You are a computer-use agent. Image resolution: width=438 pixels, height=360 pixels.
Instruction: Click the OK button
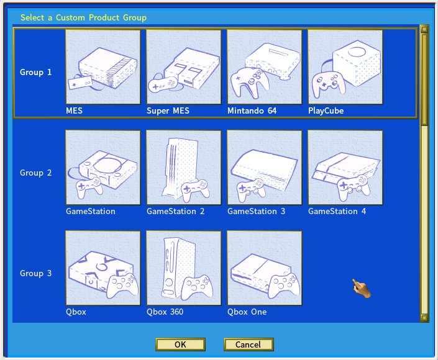[x=180, y=344]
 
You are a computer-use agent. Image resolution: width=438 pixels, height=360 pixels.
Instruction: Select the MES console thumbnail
[x=103, y=68]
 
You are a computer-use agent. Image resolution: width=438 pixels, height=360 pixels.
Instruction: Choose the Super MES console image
[x=184, y=68]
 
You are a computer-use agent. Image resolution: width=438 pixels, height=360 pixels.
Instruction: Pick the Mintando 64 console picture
[x=265, y=68]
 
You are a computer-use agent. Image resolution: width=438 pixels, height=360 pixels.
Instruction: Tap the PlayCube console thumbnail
[x=345, y=68]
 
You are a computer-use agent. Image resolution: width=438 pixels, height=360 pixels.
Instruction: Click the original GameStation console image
[x=103, y=168]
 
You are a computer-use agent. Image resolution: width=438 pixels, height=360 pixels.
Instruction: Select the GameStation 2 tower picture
[x=184, y=168]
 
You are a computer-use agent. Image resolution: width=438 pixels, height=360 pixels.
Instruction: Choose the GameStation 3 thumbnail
[x=265, y=168]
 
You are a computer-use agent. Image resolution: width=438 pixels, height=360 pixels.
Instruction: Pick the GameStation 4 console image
[x=345, y=168]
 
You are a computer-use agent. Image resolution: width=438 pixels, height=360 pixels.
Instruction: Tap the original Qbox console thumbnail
[x=103, y=269]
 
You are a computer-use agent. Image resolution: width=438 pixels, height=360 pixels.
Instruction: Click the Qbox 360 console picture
[x=184, y=269]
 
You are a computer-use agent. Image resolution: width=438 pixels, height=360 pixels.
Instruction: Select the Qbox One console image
[x=265, y=269]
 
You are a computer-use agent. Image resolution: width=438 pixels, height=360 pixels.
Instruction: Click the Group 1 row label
[x=36, y=73]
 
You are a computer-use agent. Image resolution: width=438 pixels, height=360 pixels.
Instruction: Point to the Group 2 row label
[x=36, y=173]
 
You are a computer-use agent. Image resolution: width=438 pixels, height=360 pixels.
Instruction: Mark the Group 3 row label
[x=36, y=274]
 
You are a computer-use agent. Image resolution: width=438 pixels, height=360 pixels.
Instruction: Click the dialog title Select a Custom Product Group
[x=83, y=17]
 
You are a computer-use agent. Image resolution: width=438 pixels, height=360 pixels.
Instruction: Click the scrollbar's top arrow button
[x=424, y=29]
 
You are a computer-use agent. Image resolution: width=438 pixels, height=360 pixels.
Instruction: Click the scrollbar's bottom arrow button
[x=424, y=318]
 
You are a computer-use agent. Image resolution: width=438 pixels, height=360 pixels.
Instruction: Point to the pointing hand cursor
[x=361, y=287]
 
